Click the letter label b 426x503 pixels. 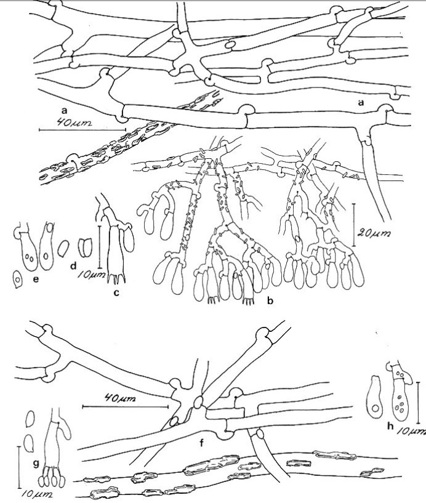(270, 301)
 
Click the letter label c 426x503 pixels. (116, 292)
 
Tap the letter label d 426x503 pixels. (73, 265)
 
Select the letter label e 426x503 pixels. (36, 280)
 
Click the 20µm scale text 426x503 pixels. (375, 235)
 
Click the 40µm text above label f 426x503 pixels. (120, 399)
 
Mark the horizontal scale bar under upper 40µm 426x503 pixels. (82, 130)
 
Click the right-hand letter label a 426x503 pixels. (361, 102)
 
